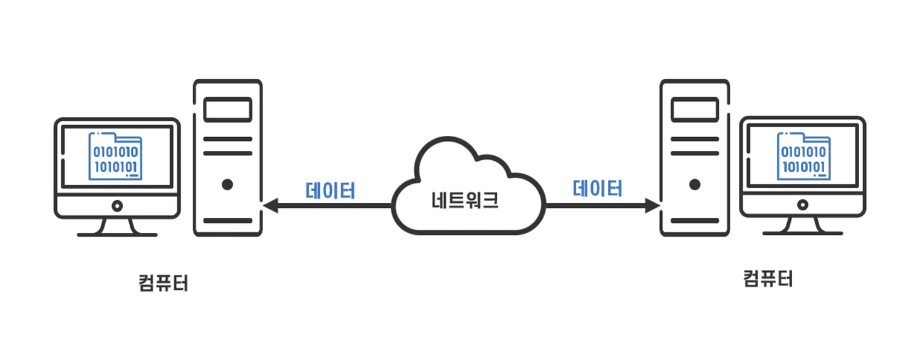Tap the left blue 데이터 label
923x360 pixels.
[331, 190]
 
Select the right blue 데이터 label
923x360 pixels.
[598, 188]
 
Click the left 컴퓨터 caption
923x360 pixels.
[163, 283]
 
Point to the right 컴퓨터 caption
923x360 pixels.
[768, 278]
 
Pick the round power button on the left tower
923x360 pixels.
[227, 185]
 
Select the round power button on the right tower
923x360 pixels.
[694, 185]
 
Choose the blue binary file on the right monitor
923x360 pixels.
[804, 155]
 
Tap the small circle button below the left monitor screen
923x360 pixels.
[117, 205]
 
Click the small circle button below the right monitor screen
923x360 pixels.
[802, 205]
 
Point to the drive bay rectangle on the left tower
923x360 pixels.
[227, 110]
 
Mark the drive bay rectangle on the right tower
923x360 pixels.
[694, 110]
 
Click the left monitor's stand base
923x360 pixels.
[117, 235]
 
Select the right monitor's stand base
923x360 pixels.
[802, 234]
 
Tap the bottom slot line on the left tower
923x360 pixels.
[227, 221]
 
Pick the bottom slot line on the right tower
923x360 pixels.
[694, 221]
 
